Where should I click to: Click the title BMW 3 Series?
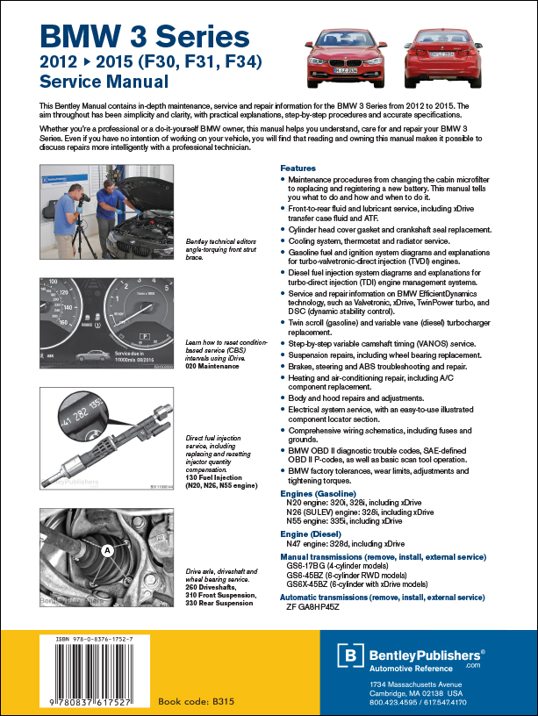coord(145,36)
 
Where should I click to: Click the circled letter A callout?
coord(106,550)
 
